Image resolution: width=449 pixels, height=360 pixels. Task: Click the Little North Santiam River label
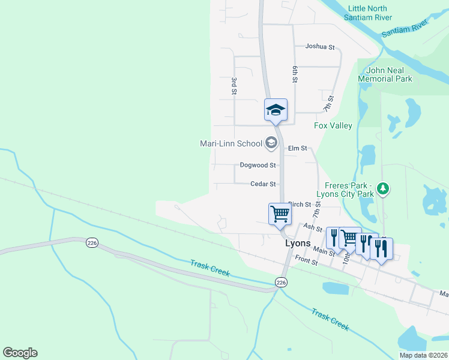(x=367, y=13)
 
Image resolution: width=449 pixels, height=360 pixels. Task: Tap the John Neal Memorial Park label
(x=385, y=74)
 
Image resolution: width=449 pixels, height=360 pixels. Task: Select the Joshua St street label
(x=319, y=46)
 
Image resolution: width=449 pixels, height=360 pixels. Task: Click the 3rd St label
(x=234, y=85)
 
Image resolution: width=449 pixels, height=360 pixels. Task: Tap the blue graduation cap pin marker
(x=276, y=110)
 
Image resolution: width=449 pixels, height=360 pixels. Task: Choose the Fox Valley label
(x=333, y=125)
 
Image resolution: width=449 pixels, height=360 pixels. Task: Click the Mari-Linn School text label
(x=231, y=143)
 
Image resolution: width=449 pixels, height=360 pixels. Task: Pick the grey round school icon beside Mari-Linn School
(x=271, y=143)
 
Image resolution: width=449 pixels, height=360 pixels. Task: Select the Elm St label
(x=297, y=148)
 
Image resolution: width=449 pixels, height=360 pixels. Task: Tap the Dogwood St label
(x=258, y=165)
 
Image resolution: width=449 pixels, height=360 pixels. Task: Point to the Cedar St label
(x=264, y=184)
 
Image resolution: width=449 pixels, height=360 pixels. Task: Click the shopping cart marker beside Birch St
(x=280, y=214)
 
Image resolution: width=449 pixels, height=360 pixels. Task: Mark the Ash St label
(x=309, y=227)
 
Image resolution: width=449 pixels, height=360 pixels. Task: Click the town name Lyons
(x=297, y=244)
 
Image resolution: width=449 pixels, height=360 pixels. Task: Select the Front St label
(x=306, y=262)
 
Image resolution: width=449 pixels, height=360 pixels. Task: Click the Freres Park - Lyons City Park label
(x=349, y=189)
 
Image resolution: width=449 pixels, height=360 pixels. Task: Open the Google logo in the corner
(x=20, y=353)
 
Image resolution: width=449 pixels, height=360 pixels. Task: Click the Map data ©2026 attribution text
(x=424, y=355)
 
